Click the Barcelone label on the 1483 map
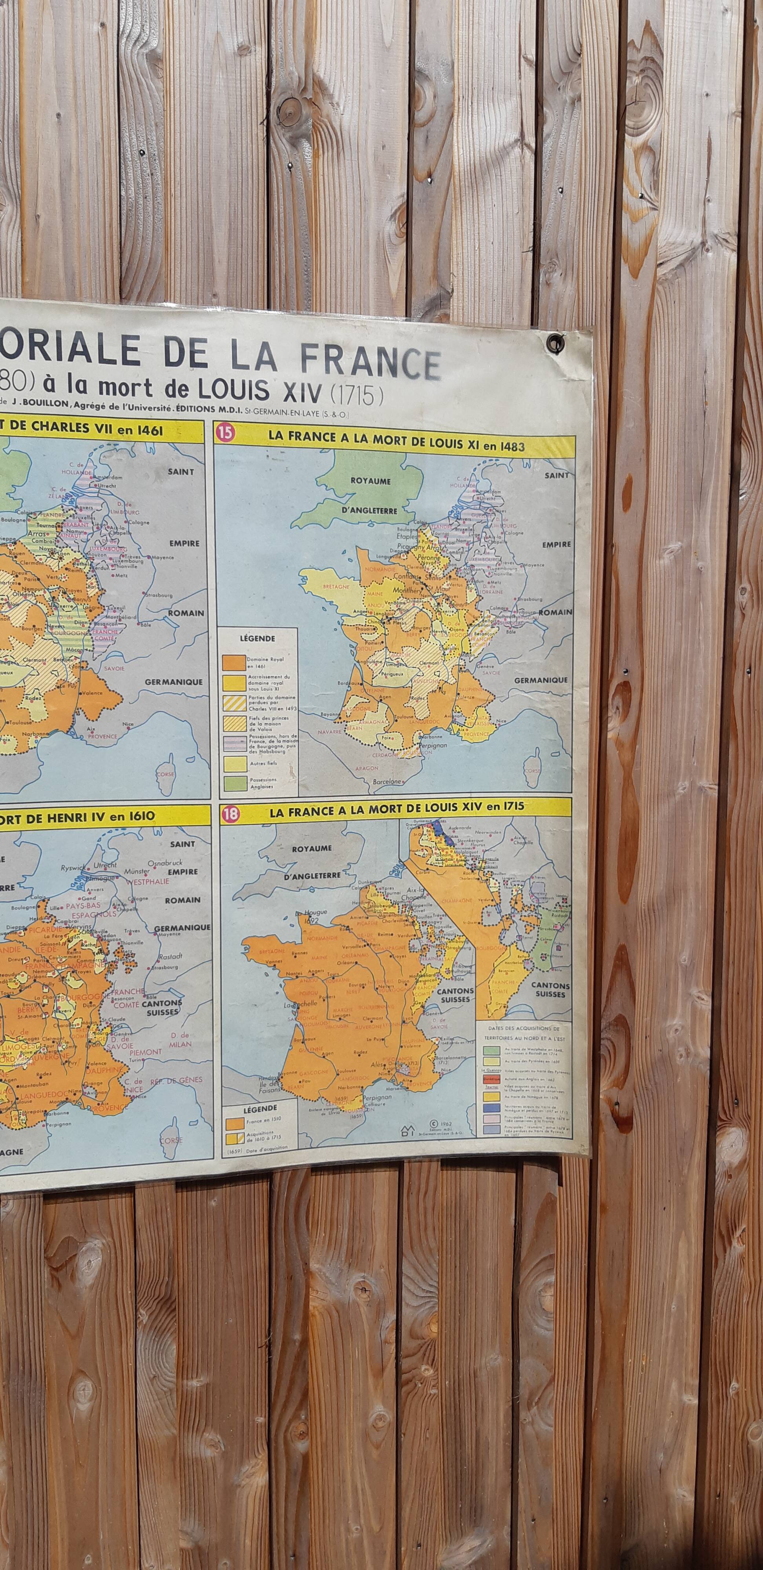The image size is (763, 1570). [387, 781]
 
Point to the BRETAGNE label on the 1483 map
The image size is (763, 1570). [336, 587]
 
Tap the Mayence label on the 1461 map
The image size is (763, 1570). [162, 557]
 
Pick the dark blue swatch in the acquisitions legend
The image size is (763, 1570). [491, 1107]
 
